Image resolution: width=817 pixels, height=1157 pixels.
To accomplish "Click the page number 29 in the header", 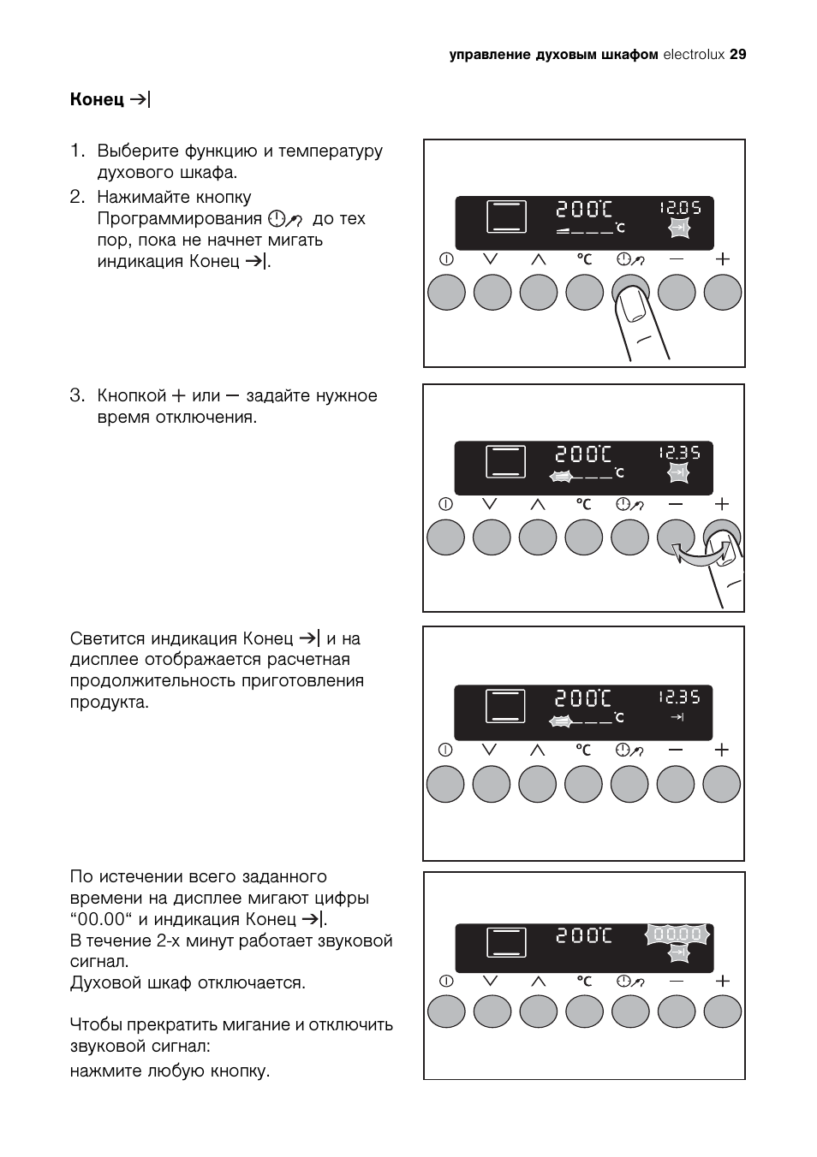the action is [738, 55].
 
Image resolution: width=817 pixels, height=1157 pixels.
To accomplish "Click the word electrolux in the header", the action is [694, 55].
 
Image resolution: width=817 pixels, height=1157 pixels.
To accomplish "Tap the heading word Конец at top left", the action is [97, 99].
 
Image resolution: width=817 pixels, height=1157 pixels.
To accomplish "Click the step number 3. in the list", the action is [78, 395].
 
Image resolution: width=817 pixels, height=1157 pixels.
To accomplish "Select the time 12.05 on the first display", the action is [680, 208].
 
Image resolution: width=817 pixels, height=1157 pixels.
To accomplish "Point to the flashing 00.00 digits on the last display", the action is [677, 934].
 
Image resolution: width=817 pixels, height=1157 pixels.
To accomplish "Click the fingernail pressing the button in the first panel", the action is [633, 308].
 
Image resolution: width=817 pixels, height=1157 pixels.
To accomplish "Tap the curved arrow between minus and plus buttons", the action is [699, 554].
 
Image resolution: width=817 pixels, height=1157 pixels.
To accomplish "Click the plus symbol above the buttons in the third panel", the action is [721, 750].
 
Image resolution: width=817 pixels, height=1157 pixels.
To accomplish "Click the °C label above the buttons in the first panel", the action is [584, 258].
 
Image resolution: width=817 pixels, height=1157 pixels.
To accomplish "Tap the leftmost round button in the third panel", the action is [445, 784].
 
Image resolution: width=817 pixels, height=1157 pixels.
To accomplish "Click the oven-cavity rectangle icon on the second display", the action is [505, 460].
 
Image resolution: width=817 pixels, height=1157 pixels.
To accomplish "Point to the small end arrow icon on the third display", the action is [677, 717].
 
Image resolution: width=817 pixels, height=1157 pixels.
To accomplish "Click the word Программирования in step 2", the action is [180, 219].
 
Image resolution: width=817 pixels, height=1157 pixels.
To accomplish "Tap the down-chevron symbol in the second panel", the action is [489, 503].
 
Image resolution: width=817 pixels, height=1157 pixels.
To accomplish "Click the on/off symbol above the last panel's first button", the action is [446, 981].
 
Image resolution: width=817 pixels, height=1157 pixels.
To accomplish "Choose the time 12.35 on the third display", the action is [679, 697].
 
